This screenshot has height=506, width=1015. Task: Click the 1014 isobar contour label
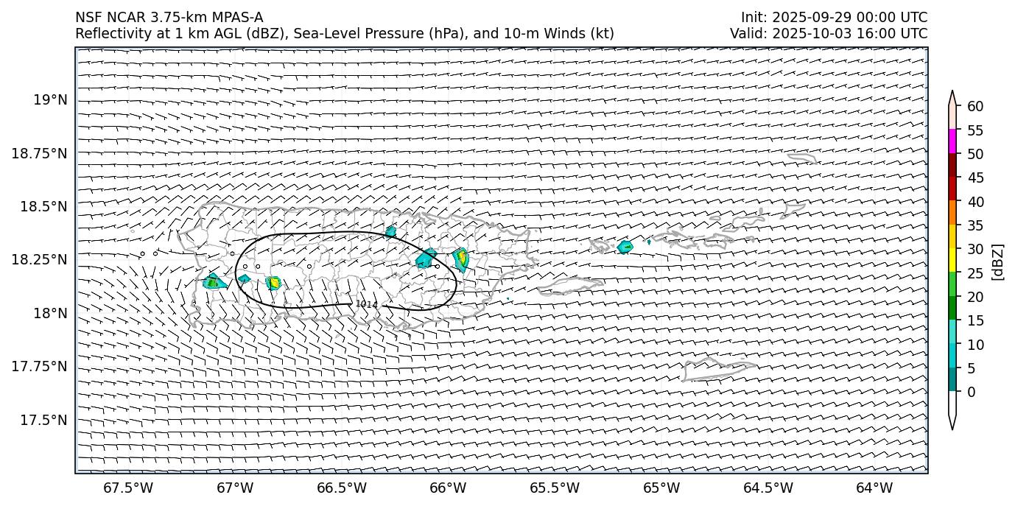point(366,303)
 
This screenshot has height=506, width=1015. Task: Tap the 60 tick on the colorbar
point(975,106)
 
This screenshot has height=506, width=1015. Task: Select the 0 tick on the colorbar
point(972,392)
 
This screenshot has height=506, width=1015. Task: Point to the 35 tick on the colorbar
point(975,225)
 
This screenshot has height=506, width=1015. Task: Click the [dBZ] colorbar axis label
point(998,261)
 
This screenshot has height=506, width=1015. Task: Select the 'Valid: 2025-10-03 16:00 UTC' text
point(829,33)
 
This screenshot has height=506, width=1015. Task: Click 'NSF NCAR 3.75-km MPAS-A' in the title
point(169,18)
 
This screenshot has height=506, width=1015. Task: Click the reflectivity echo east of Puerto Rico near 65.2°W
point(625,247)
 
